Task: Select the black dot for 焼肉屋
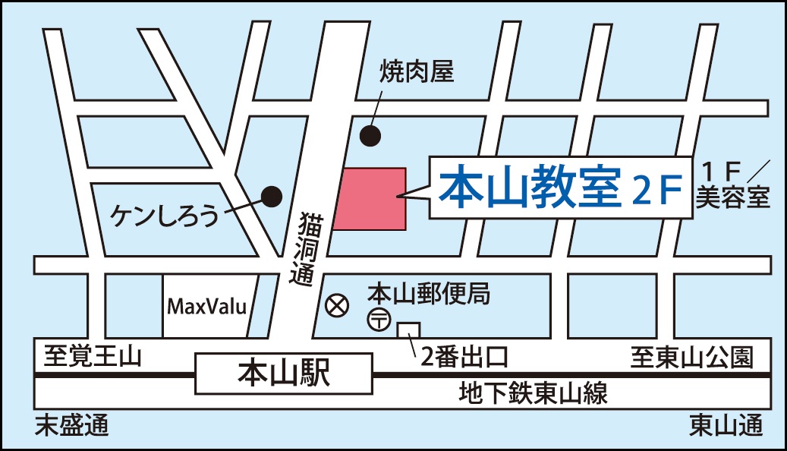[x=370, y=136]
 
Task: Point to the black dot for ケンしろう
[x=272, y=197]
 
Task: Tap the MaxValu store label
[x=207, y=307]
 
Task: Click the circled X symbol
[x=336, y=306]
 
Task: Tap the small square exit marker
[x=408, y=332]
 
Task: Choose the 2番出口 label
[x=464, y=357]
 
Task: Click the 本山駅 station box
[x=285, y=374]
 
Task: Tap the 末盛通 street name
[x=72, y=427]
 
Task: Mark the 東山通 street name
[x=726, y=427]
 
